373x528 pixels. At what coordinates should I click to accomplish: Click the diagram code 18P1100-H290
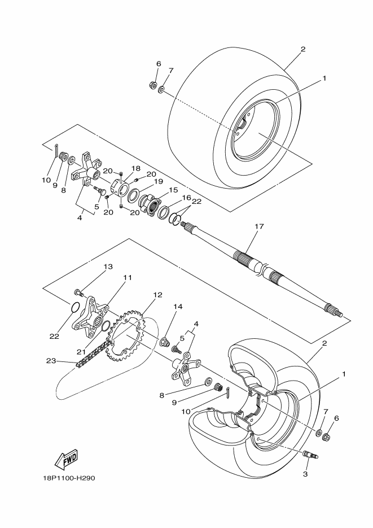pos(68,478)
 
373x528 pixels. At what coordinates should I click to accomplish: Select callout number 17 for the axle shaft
pos(259,227)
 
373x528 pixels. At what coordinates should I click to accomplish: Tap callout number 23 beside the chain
pos(50,360)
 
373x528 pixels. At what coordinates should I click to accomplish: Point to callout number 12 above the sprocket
pos(157,295)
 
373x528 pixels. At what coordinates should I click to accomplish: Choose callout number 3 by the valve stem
pos(305,474)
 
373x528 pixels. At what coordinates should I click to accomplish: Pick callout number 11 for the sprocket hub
pos(128,278)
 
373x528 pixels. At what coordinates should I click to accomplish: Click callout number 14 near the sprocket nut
pos(178,307)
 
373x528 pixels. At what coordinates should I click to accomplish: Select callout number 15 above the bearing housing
pos(173,190)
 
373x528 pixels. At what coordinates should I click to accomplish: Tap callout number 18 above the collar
pos(136,168)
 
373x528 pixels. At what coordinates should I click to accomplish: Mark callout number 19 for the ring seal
pos(159,181)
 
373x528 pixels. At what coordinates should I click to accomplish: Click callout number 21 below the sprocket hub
pos(81,352)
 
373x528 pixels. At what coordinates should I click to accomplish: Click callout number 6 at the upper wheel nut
pos(151,64)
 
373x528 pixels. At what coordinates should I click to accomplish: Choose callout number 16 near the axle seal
pos(186,198)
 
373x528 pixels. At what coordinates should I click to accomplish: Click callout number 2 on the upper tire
pos(302,49)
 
